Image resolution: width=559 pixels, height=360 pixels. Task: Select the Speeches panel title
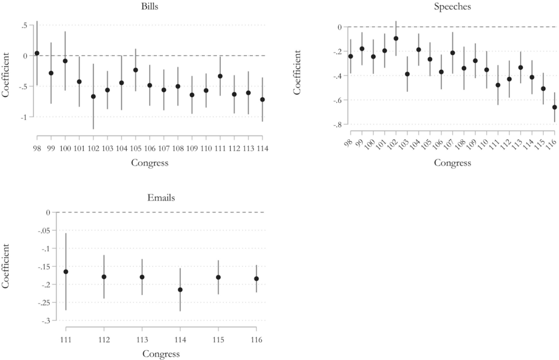pos(453,7)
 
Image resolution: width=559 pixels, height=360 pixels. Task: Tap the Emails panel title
pos(161,198)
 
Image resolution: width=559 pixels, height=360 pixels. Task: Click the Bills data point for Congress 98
pos(37,53)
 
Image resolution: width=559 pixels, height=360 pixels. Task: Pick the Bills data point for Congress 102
pos(93,96)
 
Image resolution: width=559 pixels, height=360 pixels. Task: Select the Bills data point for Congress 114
pos(262,99)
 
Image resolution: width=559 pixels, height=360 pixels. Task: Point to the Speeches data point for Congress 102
pos(396,38)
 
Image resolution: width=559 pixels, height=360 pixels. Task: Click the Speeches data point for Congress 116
pos(555,107)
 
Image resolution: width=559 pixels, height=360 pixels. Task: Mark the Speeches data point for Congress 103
pos(407,74)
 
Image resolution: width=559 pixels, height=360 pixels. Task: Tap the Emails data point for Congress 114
pos(180,290)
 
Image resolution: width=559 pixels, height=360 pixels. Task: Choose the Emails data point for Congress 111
pos(66,272)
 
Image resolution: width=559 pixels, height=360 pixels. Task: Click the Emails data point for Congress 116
pos(256,279)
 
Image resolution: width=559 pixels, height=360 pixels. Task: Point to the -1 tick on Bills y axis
pos(25,117)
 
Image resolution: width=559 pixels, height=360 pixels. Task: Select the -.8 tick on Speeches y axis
pos(339,125)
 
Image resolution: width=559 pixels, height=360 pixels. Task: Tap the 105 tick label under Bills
pos(136,148)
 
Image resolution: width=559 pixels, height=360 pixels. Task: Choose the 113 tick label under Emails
pos(142,340)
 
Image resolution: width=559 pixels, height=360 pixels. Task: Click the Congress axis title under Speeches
pos(453,163)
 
